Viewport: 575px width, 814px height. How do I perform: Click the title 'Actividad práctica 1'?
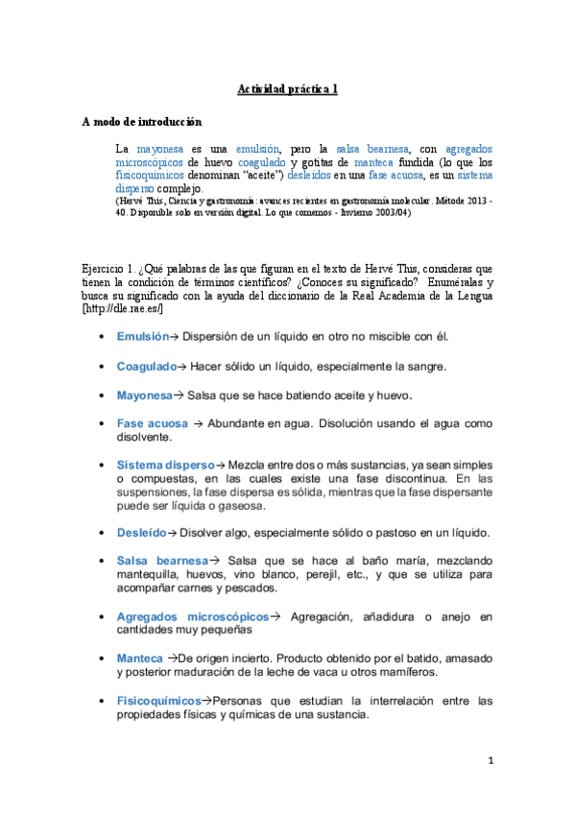pyautogui.click(x=287, y=90)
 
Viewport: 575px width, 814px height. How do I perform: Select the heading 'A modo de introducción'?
pyautogui.click(x=141, y=122)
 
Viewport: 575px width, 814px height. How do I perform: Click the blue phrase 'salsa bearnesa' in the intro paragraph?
pyautogui.click(x=376, y=150)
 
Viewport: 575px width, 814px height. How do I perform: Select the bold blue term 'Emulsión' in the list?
pyautogui.click(x=142, y=337)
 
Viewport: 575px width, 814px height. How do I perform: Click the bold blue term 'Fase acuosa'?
pyautogui.click(x=153, y=423)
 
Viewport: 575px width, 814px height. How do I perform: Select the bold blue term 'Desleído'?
pyautogui.click(x=141, y=532)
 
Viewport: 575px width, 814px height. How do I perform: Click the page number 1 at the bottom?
pyautogui.click(x=490, y=761)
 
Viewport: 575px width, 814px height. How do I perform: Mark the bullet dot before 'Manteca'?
pyautogui.click(x=102, y=658)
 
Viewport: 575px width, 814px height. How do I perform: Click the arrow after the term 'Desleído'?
pyautogui.click(x=174, y=532)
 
